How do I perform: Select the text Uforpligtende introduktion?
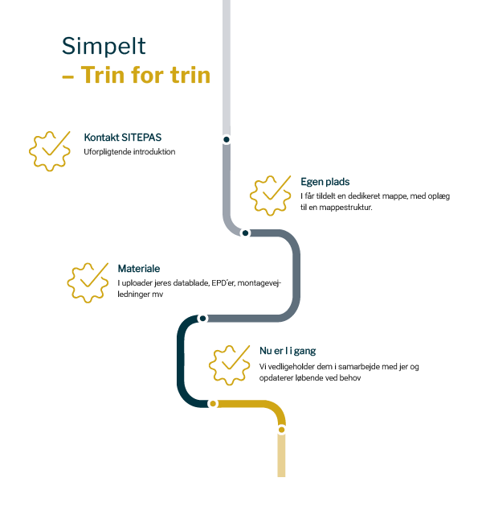(x=129, y=151)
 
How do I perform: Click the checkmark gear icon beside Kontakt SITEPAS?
(x=51, y=150)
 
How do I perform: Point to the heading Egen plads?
(x=325, y=183)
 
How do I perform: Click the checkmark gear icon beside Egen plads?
(x=272, y=195)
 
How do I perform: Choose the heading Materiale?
(x=139, y=269)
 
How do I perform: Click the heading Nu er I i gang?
(x=288, y=351)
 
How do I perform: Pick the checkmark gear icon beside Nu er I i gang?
(x=231, y=364)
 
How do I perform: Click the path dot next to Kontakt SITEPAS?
(x=227, y=139)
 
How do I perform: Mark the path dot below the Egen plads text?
(x=246, y=233)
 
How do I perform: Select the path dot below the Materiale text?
(x=202, y=319)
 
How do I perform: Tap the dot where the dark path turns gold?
(x=213, y=403)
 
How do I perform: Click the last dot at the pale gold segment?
(x=281, y=430)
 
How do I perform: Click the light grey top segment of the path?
(x=227, y=64)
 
